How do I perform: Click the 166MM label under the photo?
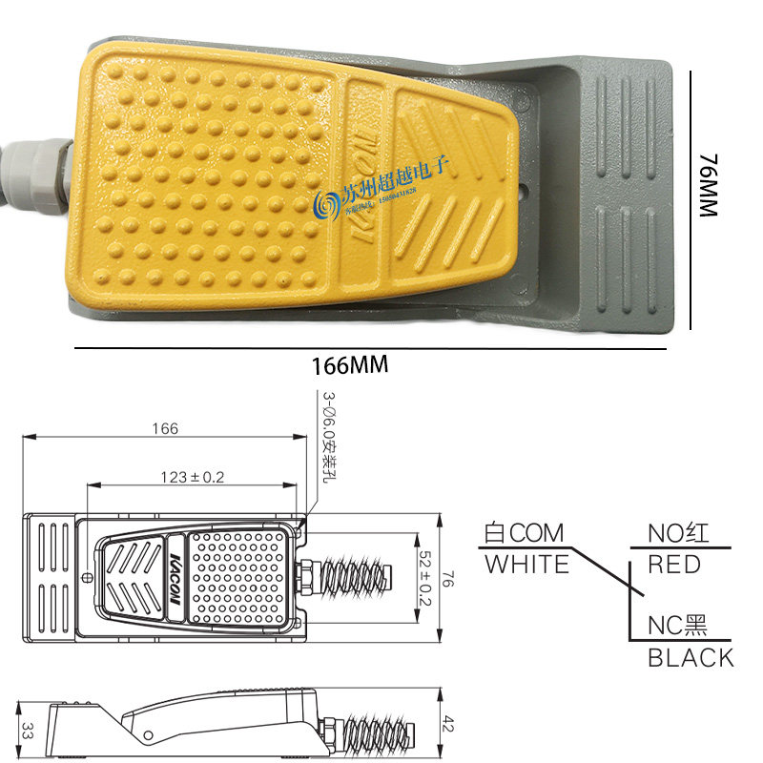tap(348, 365)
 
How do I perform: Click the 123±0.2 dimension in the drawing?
tap(192, 477)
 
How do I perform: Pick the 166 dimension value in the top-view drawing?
tap(164, 428)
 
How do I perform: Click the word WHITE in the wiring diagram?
tap(526, 565)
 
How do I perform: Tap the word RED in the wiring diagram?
tap(673, 565)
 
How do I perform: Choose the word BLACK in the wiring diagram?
tap(691, 657)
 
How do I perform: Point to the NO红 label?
tap(679, 532)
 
